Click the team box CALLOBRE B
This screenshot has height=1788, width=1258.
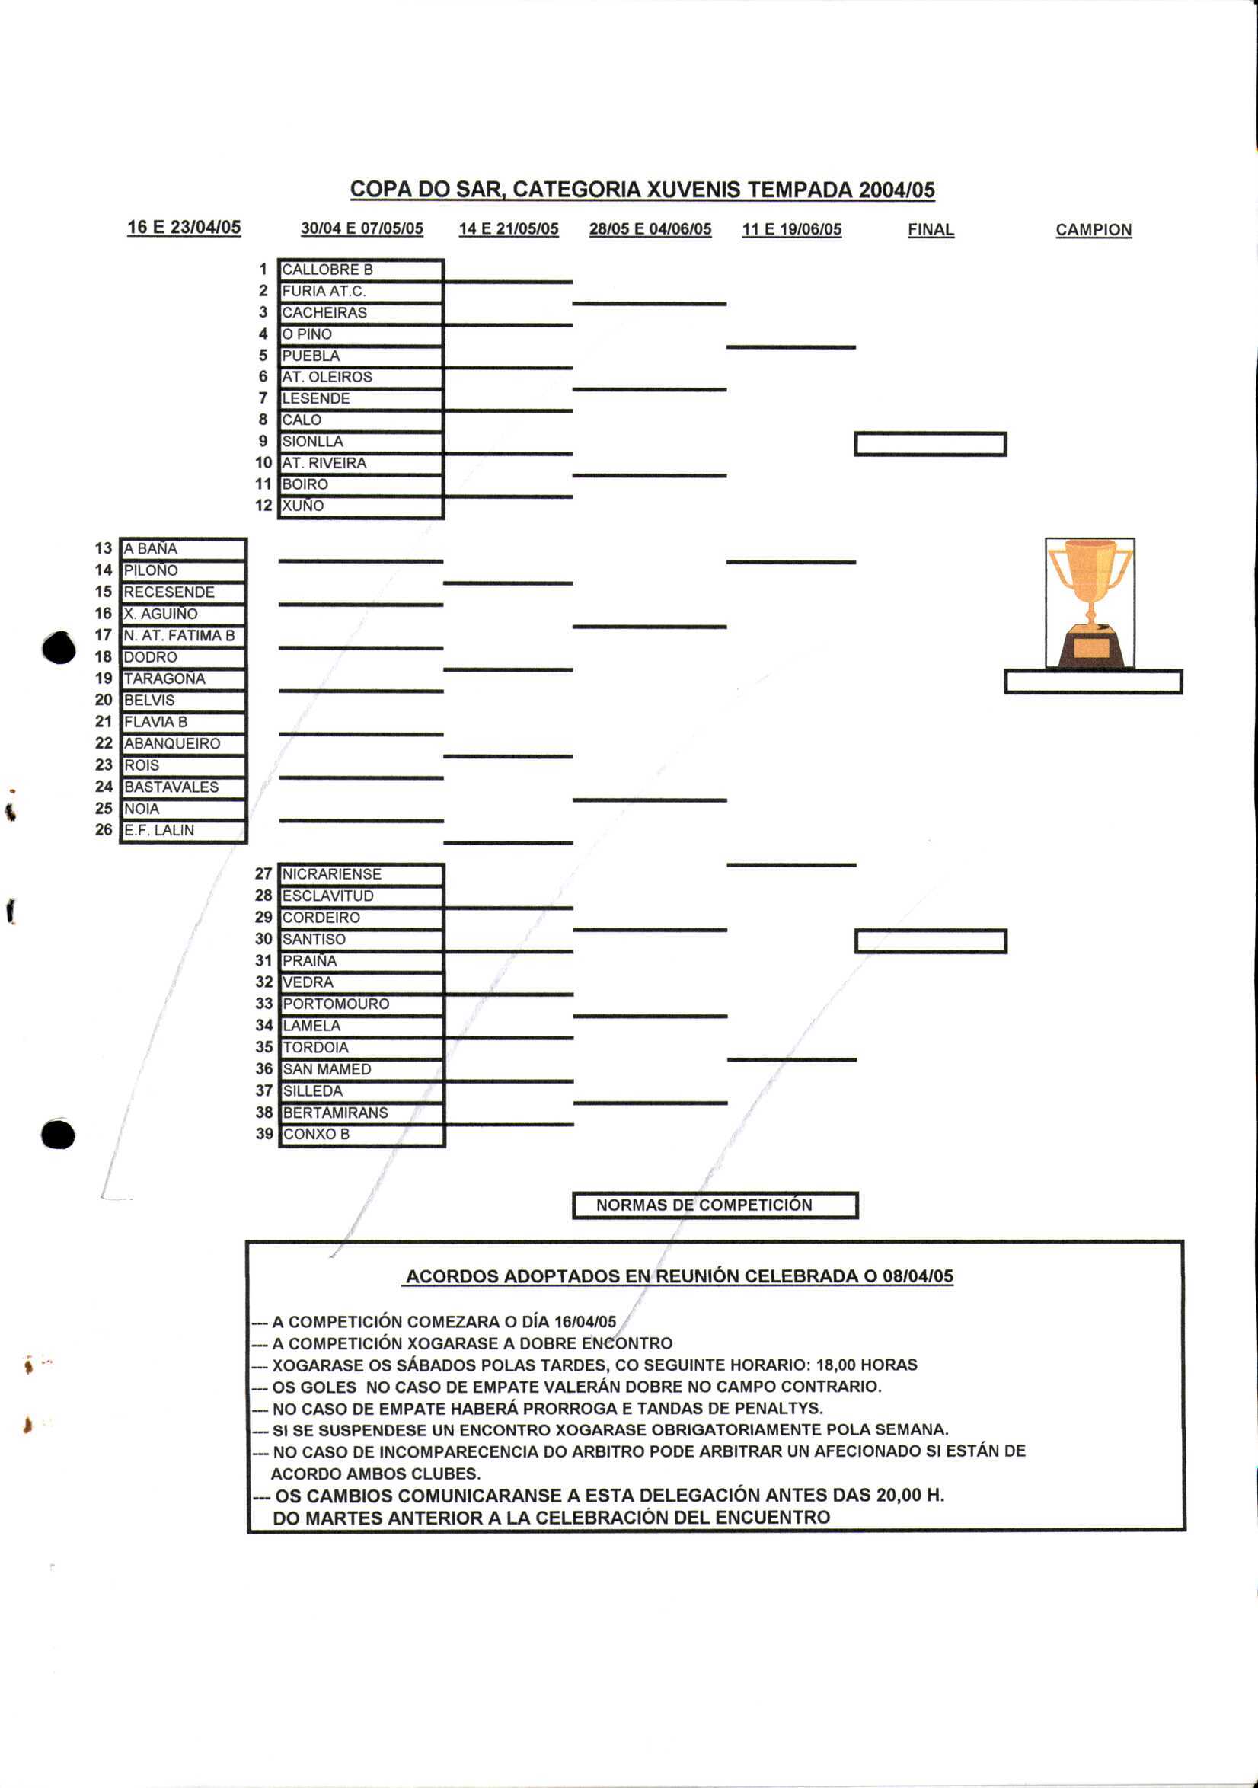[360, 270]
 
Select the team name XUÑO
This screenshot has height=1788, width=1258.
[360, 506]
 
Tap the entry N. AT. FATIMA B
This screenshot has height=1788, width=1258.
[183, 635]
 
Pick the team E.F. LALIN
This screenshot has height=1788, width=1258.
[183, 830]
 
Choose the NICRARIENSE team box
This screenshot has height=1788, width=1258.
[361, 873]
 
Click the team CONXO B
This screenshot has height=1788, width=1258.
[361, 1134]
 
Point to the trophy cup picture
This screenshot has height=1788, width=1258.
[1089, 603]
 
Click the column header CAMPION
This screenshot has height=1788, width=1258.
[1093, 230]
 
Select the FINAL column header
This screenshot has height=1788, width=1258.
[930, 230]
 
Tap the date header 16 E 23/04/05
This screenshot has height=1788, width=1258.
[184, 228]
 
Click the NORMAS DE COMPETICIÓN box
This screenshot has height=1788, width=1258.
[714, 1205]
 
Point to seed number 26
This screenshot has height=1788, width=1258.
[104, 830]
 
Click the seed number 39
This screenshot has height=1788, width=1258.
[264, 1134]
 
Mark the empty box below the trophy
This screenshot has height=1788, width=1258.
[1093, 682]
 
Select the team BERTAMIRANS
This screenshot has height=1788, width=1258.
[361, 1112]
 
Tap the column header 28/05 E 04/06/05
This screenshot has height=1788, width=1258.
[650, 229]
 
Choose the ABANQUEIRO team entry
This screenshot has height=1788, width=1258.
[183, 744]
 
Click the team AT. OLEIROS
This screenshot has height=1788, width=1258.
[360, 377]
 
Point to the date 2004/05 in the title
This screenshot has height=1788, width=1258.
[896, 190]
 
